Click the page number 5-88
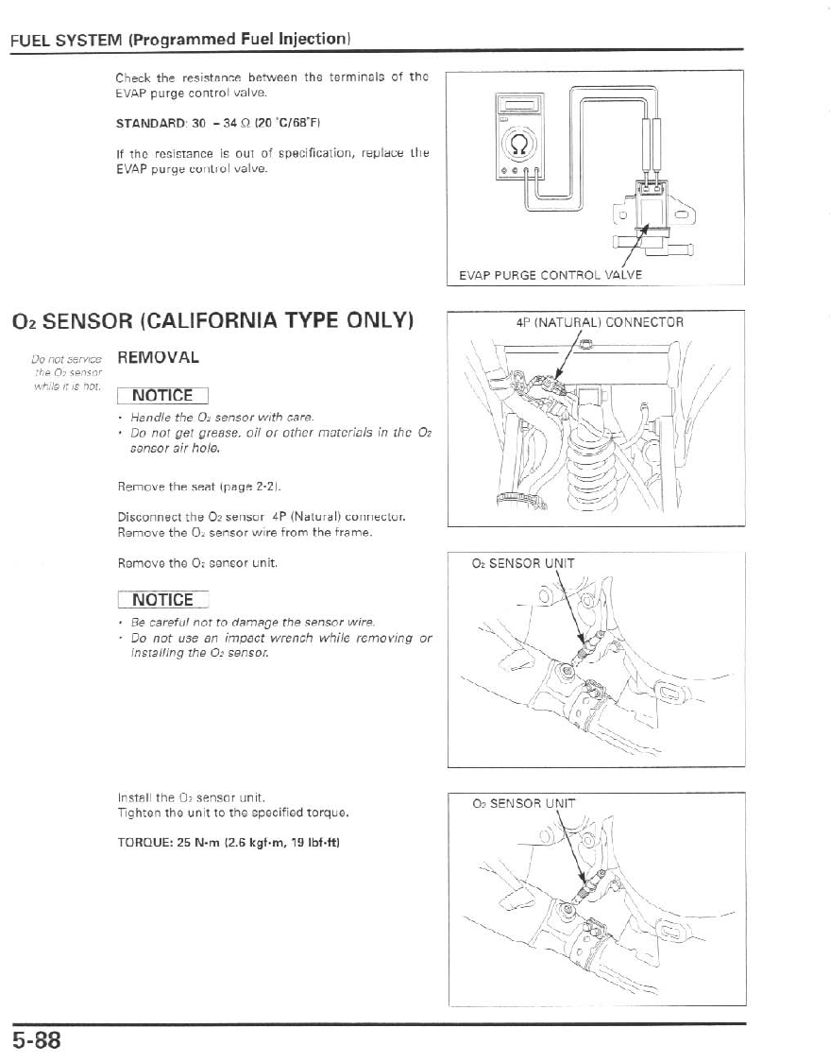pos(37,1040)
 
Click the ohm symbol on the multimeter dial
pos(519,146)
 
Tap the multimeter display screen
pos(518,107)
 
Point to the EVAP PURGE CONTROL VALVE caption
pos(551,275)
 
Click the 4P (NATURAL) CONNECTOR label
pos(600,322)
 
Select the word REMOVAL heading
pos(157,358)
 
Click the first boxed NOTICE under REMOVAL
pos(162,395)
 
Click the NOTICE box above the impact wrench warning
pos(162,600)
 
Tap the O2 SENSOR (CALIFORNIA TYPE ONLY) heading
pos(213,319)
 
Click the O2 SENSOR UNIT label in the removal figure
pos(522,564)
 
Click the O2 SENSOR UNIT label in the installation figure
pos(522,805)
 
